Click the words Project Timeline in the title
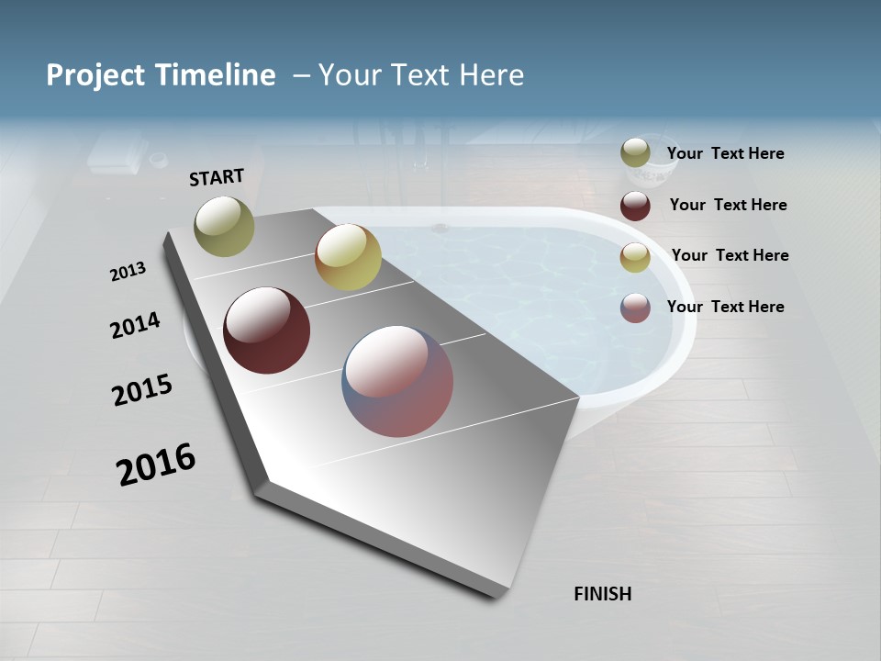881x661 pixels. [161, 75]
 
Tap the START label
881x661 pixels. [217, 177]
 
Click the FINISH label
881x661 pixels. [602, 594]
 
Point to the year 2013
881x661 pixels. [128, 272]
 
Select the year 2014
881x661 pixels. [135, 325]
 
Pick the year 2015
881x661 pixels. [142, 390]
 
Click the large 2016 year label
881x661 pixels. [156, 464]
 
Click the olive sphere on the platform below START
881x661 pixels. [224, 226]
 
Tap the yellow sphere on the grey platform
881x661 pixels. [348, 258]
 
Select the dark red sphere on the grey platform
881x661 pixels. [267, 330]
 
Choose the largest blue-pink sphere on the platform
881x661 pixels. [397, 381]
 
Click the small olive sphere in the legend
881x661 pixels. [635, 153]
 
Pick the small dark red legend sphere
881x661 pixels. [635, 206]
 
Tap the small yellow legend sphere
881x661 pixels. [635, 257]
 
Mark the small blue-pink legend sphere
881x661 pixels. [635, 308]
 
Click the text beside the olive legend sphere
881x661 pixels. [725, 154]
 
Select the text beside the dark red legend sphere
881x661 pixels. [728, 205]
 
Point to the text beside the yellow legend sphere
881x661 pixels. [730, 255]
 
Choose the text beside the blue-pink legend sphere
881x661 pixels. [725, 307]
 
